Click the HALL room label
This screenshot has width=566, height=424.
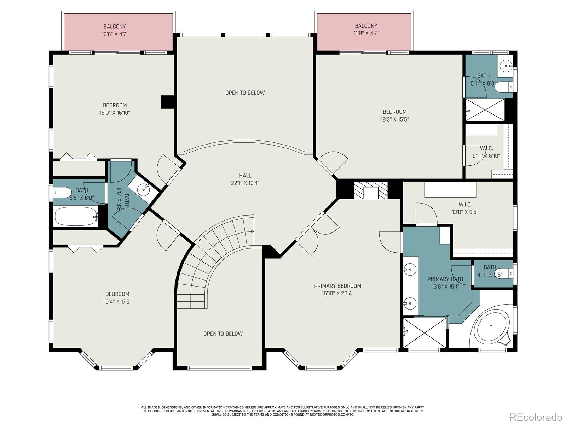245,176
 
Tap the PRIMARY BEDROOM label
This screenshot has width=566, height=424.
337,286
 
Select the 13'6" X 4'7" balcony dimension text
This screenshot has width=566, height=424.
115,34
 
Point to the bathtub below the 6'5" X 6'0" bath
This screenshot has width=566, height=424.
76,216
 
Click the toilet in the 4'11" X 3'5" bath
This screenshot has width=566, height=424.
504,273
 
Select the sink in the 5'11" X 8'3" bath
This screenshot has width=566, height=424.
506,66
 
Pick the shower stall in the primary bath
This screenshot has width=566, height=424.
424,333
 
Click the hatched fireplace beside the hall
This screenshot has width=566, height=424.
371,190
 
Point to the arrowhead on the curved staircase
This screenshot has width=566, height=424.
253,232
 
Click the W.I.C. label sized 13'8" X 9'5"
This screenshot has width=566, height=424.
465,205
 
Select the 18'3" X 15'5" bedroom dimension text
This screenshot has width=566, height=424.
394,119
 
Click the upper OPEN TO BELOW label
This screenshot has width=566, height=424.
245,93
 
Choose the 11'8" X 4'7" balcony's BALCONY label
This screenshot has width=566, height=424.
366,26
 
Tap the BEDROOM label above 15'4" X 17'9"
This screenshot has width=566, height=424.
117,294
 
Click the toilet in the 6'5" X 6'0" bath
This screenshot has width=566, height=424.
62,192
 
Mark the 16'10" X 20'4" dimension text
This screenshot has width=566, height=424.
337,294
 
